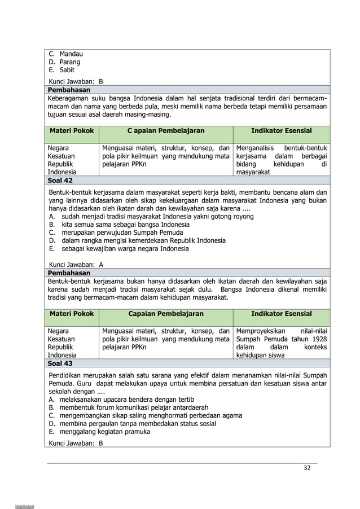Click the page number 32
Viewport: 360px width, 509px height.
click(x=307, y=468)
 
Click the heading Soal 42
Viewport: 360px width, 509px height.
click(x=60, y=180)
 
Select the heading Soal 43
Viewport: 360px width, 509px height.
click(x=60, y=363)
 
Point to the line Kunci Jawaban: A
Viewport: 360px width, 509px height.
click(x=76, y=264)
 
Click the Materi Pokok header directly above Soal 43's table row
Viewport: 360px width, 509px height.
click(x=72, y=314)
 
